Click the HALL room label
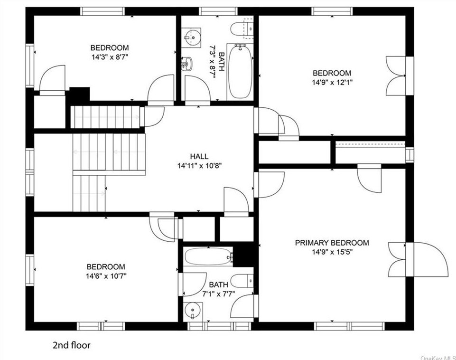pyautogui.click(x=199, y=156)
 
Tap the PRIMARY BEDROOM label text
pyautogui.click(x=332, y=243)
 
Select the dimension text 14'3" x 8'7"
pyautogui.click(x=110, y=57)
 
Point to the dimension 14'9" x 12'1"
pyautogui.click(x=332, y=82)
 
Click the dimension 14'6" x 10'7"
pyautogui.click(x=106, y=276)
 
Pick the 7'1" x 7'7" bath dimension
pyautogui.click(x=218, y=294)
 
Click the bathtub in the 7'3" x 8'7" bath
pyautogui.click(x=240, y=71)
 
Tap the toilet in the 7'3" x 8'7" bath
pyautogui.click(x=242, y=28)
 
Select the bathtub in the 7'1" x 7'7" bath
pyautogui.click(x=208, y=256)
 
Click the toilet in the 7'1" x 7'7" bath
pyautogui.click(x=243, y=281)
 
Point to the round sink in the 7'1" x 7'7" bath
pyautogui.click(x=192, y=311)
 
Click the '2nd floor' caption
pyautogui.click(x=72, y=345)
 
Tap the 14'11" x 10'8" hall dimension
pyautogui.click(x=199, y=166)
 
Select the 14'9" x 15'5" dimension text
pyautogui.click(x=332, y=252)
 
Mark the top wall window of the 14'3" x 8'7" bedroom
pyautogui.click(x=102, y=11)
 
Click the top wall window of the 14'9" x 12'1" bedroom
pyautogui.click(x=332, y=11)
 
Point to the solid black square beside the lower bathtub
pyautogui.click(x=244, y=255)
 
